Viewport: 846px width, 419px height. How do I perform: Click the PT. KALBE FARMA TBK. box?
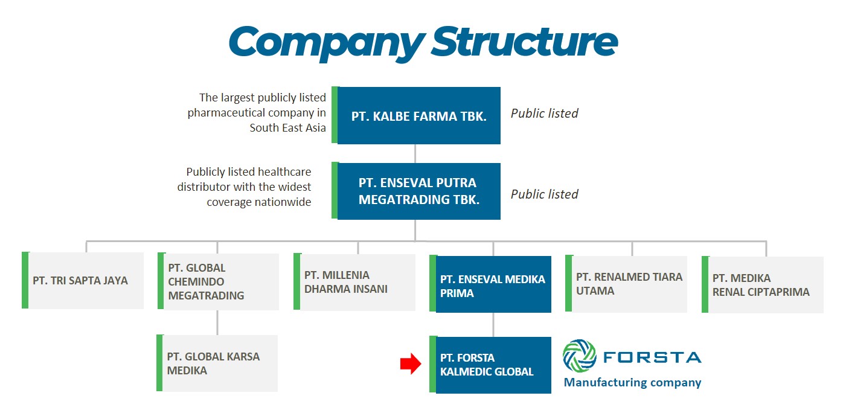[416, 115]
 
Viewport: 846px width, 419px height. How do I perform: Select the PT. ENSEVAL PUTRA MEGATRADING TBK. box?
[416, 191]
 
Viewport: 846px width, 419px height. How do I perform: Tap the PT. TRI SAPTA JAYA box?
[83, 280]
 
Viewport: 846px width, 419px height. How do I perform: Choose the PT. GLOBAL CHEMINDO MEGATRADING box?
[219, 281]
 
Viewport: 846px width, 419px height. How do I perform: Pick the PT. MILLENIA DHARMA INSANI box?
[354, 282]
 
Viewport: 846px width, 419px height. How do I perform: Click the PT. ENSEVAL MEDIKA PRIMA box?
[490, 284]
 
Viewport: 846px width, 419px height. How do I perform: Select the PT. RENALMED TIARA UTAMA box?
[626, 284]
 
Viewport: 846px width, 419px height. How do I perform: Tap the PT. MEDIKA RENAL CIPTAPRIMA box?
[763, 284]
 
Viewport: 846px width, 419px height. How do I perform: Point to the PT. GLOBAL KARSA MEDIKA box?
[217, 363]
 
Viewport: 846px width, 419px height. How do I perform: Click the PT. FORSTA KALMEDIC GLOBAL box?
[490, 365]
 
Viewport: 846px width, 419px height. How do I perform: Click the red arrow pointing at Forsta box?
[411, 364]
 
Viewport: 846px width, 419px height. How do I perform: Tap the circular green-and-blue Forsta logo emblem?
[579, 356]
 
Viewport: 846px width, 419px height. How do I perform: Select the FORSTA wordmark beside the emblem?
[652, 357]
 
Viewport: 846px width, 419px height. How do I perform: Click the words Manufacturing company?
[633, 382]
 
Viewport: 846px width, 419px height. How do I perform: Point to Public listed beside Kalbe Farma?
[544, 114]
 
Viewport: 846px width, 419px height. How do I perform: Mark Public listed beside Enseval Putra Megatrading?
[544, 194]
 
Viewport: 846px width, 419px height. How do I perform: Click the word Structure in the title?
[525, 41]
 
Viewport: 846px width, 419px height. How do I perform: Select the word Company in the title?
[327, 43]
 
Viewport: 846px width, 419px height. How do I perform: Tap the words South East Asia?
[288, 127]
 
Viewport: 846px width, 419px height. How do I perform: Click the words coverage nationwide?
[259, 202]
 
